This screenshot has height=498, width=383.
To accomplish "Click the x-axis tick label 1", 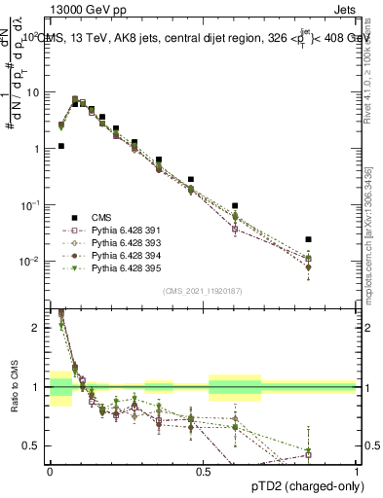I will pyautogui.click(x=357, y=471).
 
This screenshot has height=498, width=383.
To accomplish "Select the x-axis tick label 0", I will pyautogui.click(x=50, y=471).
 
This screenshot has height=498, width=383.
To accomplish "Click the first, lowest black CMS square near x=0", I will pyautogui.click(x=60, y=146).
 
